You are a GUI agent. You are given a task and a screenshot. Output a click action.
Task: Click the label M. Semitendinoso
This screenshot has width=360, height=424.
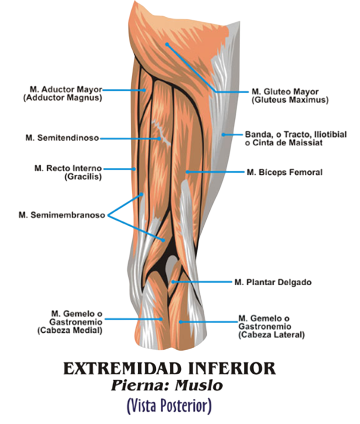pyautogui.click(x=62, y=138)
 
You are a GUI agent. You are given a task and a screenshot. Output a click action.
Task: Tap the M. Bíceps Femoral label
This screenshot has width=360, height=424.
pyautogui.click(x=285, y=172)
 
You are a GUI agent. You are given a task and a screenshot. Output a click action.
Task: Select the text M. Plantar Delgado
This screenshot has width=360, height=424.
pyautogui.click(x=273, y=282)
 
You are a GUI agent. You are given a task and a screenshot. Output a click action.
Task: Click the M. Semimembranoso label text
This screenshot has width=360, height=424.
pyautogui.click(x=62, y=215)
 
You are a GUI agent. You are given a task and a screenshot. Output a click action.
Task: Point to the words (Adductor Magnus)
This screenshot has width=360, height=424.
pyautogui.click(x=63, y=97)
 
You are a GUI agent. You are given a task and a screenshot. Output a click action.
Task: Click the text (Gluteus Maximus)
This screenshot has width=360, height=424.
pyautogui.click(x=290, y=100)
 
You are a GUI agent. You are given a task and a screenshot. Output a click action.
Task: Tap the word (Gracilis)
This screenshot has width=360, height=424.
pyautogui.click(x=83, y=177)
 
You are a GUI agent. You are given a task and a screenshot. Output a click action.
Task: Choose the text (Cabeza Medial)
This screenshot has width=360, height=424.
pyautogui.click(x=70, y=331)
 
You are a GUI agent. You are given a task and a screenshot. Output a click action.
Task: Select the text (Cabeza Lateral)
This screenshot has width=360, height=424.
pyautogui.click(x=271, y=335)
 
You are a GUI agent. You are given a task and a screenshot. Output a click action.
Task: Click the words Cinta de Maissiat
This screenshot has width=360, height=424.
pyautogui.click(x=287, y=143)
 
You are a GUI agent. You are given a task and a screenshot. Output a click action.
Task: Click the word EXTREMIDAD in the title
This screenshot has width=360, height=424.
pyautogui.click(x=123, y=368)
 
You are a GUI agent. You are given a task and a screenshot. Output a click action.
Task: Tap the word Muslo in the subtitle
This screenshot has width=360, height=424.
pyautogui.click(x=199, y=385)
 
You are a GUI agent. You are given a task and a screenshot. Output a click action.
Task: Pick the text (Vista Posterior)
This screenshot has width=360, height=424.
pyautogui.click(x=169, y=406)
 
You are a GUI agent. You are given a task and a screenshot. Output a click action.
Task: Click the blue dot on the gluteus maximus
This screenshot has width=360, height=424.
pyautogui.click(x=167, y=44)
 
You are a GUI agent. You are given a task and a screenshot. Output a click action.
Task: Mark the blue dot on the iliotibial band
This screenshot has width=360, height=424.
pyautogui.click(x=223, y=135)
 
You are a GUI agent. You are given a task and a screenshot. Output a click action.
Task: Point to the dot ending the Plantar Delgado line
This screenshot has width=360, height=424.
pyautogui.click(x=173, y=282)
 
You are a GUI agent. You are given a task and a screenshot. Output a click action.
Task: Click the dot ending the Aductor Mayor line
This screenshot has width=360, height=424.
pyautogui.click(x=145, y=90)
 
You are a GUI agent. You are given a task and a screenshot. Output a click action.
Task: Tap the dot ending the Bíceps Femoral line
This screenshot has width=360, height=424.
pyautogui.click(x=187, y=172)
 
